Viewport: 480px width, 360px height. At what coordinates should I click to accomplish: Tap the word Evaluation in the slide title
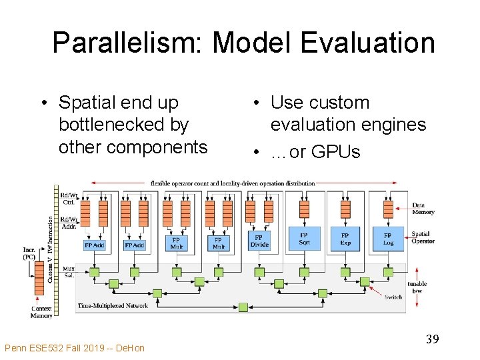pos(367,43)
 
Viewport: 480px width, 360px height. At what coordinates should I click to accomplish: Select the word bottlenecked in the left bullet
pos(123,125)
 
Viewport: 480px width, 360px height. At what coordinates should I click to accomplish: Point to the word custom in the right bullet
pos(339,103)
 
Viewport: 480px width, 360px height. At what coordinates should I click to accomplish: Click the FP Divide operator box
pos(259,241)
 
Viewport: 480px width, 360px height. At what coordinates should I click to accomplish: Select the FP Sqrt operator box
pos(305,239)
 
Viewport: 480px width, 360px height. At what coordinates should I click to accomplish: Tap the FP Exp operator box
pos(345,239)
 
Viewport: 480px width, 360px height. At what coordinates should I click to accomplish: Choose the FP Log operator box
pos(387,239)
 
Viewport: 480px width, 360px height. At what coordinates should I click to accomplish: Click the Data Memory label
pos(423,209)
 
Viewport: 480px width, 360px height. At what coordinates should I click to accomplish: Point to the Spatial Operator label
pos(423,237)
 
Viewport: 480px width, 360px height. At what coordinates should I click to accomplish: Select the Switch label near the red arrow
pos(393,297)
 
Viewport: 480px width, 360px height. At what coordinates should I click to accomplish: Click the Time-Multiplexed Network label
pos(113,306)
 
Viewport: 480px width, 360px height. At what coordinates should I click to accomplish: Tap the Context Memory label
pos(41,311)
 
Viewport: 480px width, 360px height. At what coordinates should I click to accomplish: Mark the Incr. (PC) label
pos(29,253)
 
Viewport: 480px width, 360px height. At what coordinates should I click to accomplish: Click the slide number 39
pos(432,340)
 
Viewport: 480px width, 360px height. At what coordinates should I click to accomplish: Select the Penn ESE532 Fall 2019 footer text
pos(74,348)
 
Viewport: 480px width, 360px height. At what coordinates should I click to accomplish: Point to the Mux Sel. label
pos(68,272)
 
